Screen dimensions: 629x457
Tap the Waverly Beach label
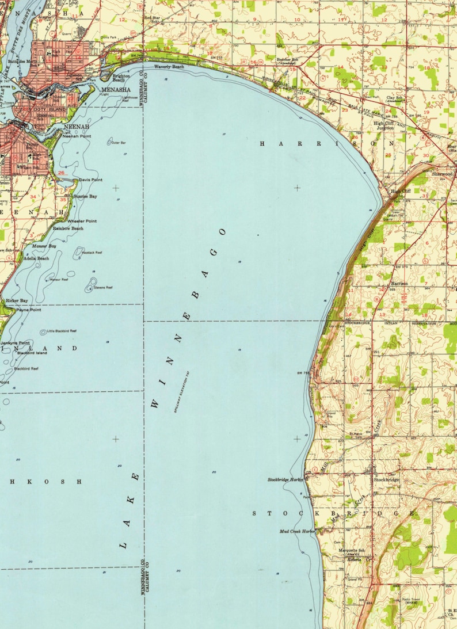(169, 67)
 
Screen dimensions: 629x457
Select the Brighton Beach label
(121, 78)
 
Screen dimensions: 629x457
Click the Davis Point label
(90, 180)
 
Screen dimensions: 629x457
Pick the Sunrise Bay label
(85, 196)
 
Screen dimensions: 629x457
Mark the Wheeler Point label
(82, 221)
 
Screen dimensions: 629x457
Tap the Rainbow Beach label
(68, 228)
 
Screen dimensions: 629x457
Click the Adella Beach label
(35, 258)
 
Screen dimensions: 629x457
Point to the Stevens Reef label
(103, 287)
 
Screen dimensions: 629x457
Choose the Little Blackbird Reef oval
(44, 332)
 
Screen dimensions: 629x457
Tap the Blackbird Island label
(32, 353)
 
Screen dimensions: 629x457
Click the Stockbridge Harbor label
(285, 479)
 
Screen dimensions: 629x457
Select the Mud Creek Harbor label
(298, 531)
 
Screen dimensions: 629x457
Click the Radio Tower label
(410, 599)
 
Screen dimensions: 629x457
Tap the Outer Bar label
(119, 142)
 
